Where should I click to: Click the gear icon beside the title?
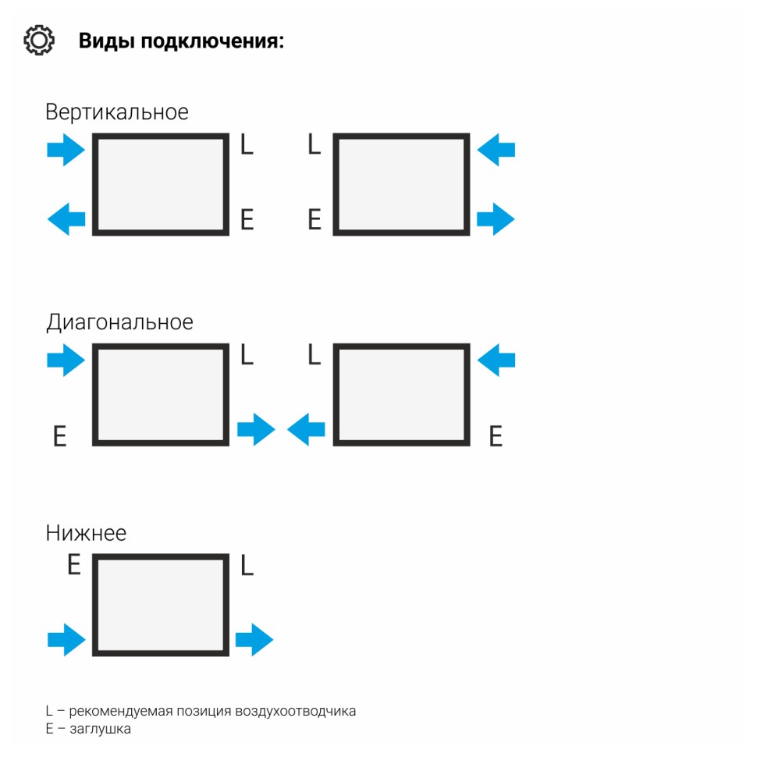[x=39, y=40]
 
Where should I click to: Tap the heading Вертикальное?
[x=117, y=112]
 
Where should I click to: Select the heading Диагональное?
[x=119, y=322]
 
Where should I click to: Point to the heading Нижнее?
[x=86, y=533]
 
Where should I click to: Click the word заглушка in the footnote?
[x=101, y=729]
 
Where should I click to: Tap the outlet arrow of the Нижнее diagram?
[x=254, y=640]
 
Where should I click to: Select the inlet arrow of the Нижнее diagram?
[x=66, y=640]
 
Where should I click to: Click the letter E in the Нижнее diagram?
[x=74, y=564]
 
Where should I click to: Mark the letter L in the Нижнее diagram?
[x=247, y=564]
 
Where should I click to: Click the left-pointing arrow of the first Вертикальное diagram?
[x=66, y=219]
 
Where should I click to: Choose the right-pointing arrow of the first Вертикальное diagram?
[x=66, y=149]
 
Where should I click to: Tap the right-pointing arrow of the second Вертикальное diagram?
[x=496, y=219]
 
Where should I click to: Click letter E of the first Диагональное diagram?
[x=59, y=436]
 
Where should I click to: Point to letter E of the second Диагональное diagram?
[x=496, y=436]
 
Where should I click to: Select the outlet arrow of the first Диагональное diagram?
[x=256, y=429]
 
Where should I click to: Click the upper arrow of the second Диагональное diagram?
[x=496, y=360]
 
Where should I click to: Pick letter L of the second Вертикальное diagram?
[x=314, y=144]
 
